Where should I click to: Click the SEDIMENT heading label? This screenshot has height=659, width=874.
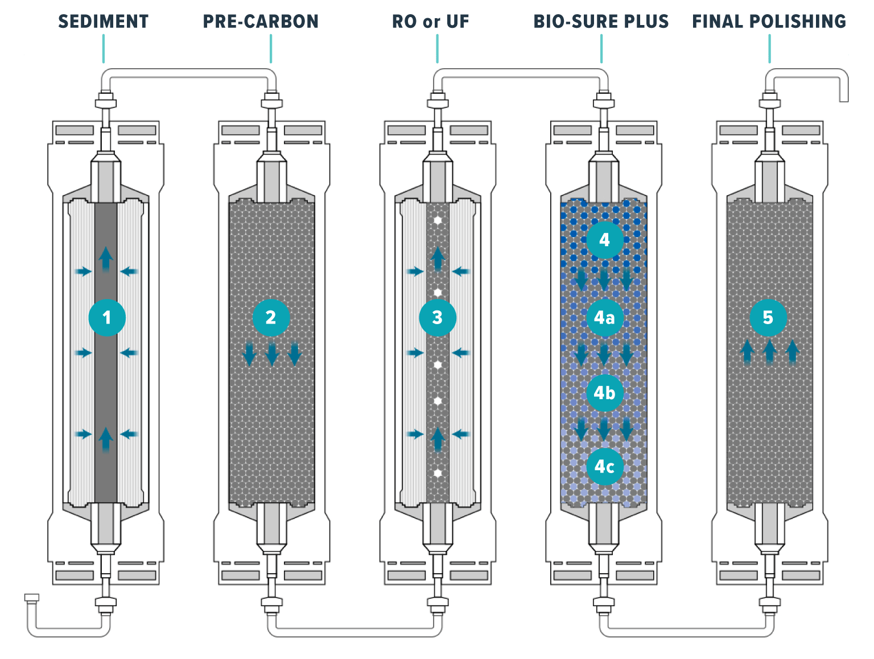[x=103, y=22]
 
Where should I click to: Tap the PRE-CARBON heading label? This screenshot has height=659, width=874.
[x=261, y=22]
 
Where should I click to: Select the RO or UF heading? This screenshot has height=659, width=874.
[x=430, y=22]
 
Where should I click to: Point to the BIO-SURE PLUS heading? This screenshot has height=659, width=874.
[x=601, y=22]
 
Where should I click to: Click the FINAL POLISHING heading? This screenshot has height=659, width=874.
[x=769, y=22]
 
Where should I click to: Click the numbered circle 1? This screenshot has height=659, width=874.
[x=107, y=317]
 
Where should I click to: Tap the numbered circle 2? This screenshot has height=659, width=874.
[x=271, y=317]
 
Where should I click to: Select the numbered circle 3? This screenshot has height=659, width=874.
[x=437, y=317]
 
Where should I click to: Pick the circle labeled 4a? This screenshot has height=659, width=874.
[x=604, y=317]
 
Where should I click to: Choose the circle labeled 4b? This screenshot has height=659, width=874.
[x=604, y=393]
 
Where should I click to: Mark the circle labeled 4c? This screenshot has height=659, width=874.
[x=604, y=467]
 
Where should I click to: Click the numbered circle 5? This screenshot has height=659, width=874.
[x=768, y=317]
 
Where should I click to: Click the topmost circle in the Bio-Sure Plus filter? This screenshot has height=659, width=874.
[x=604, y=239]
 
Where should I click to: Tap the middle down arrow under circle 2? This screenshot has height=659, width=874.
[x=272, y=354]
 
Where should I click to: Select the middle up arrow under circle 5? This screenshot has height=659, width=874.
[x=769, y=351]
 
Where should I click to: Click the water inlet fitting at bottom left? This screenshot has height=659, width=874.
[x=31, y=598]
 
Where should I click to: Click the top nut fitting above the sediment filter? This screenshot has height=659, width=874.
[x=106, y=102]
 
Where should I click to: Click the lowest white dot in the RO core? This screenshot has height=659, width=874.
[x=438, y=473]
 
